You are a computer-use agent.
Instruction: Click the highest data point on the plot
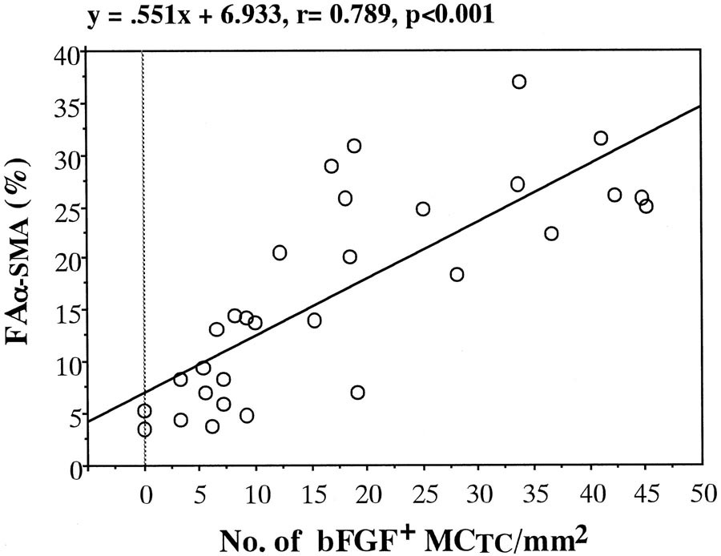click(x=519, y=82)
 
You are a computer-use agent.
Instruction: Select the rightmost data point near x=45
click(x=646, y=207)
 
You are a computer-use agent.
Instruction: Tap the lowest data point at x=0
click(x=144, y=429)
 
